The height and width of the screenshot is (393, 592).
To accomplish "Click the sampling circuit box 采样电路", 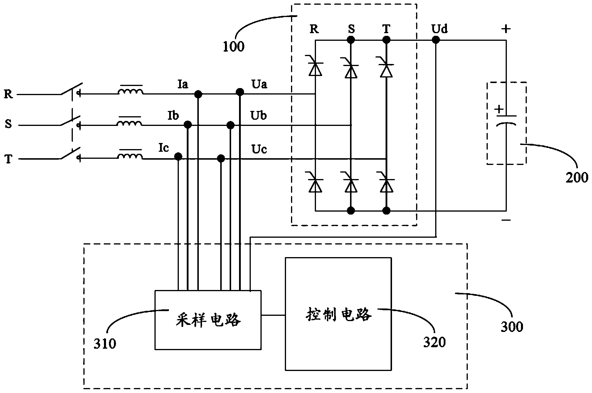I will point(208,320).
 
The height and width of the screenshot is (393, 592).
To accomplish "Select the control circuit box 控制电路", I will point(338,314).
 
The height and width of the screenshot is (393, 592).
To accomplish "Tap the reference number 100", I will point(233,47).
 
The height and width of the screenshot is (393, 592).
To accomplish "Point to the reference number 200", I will point(577,178).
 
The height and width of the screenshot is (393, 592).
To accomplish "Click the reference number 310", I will point(105,343).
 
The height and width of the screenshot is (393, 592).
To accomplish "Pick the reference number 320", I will point(434,342).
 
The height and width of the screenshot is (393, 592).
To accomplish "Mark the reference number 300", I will point(512,327).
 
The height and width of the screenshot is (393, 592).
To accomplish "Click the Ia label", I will point(183,85).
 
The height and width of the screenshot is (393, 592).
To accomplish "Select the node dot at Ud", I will point(436,40).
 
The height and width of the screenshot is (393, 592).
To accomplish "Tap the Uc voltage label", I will point(259,149).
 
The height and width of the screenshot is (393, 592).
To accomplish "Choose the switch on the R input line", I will point(70,90).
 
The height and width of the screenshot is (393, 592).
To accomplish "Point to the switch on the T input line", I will point(70,154).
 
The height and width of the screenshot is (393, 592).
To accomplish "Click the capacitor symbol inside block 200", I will point(506,120).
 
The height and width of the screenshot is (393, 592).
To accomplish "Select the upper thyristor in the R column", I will point(315,68).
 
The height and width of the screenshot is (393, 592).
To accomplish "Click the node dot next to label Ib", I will point(188,125).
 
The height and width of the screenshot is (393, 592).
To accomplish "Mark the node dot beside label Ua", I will point(240,92).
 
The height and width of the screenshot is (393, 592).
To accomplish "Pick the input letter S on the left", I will point(8,124).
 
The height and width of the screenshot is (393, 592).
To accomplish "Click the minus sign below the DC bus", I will point(506,220).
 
